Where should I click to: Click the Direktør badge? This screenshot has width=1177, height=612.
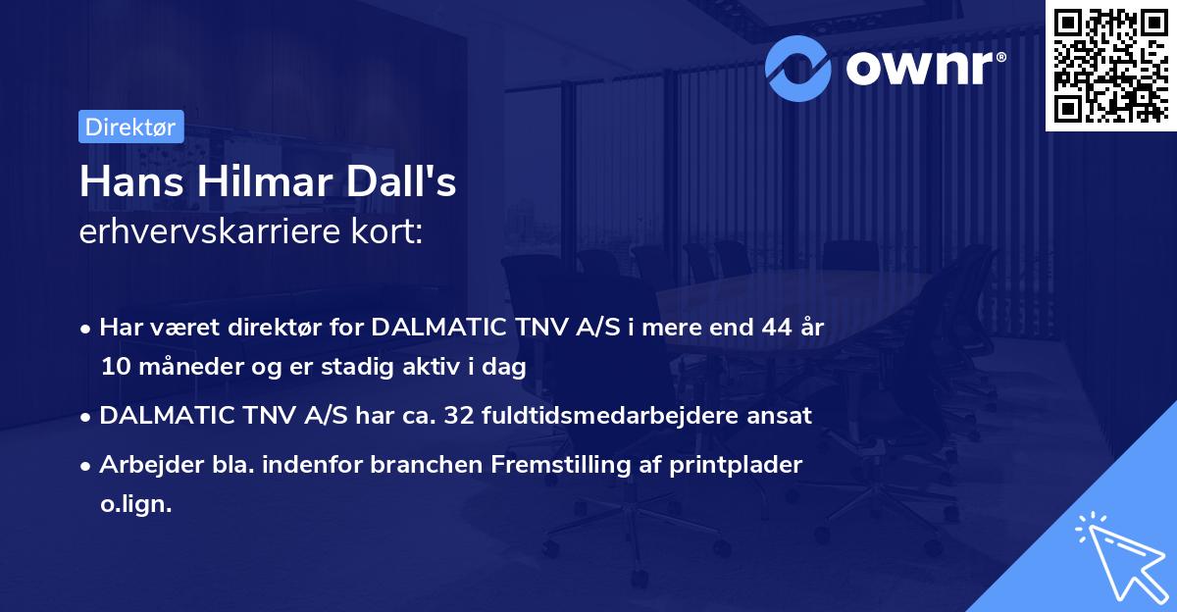pos(131,127)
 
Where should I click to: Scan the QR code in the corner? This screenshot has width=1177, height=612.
pos(1110,66)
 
